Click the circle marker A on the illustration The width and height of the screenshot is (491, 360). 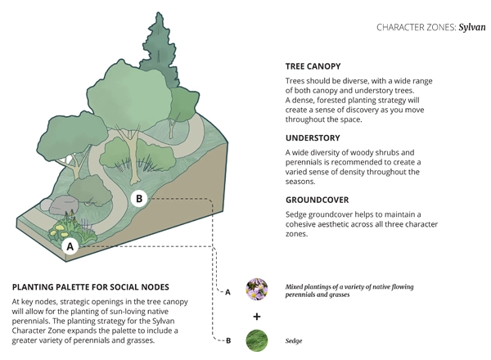click(70, 245)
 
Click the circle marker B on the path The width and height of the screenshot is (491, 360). click(139, 198)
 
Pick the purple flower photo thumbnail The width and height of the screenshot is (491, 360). click(257, 290)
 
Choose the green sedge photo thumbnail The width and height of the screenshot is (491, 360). click(257, 339)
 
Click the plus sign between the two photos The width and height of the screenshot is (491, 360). click(257, 315)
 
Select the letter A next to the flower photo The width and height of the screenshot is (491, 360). click(227, 291)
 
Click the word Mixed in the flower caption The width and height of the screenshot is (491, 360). click(296, 287)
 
